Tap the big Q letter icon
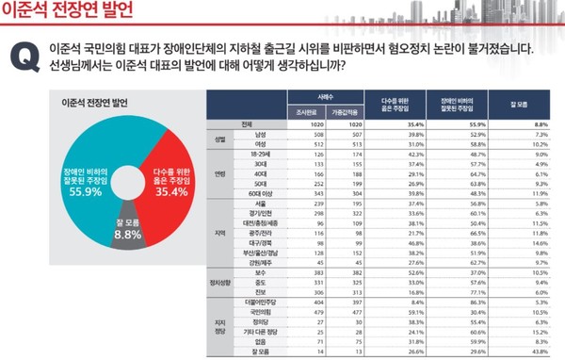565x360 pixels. click(23, 57)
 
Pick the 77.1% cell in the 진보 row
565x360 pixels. click(463, 292)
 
